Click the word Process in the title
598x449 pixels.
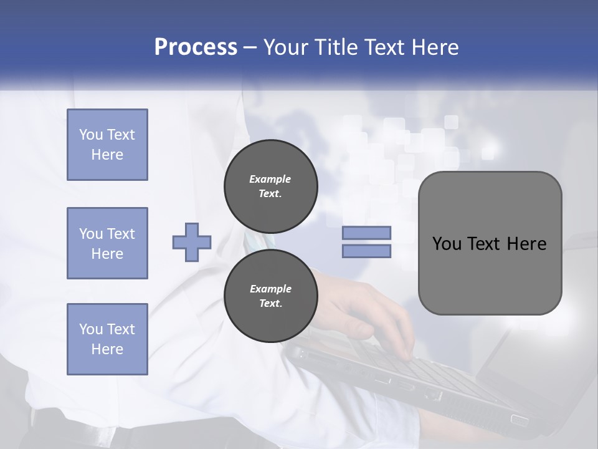pos(196,47)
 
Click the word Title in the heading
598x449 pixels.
pos(337,47)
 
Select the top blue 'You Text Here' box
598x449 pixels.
pos(107,145)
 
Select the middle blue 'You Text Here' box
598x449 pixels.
pos(107,243)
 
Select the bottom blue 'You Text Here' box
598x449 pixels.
pos(107,339)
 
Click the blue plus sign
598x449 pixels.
pos(192,242)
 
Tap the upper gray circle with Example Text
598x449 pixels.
pos(270,186)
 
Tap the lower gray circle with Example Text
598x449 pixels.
pos(270,296)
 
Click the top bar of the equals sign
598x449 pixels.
pos(366,233)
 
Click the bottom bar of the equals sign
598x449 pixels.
pos(366,251)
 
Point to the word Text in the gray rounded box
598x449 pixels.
pos(490,244)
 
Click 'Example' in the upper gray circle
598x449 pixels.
pos(270,179)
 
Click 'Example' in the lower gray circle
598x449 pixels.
pos(270,289)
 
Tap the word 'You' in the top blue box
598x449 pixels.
pos(91,135)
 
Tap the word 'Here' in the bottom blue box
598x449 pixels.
pos(107,349)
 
